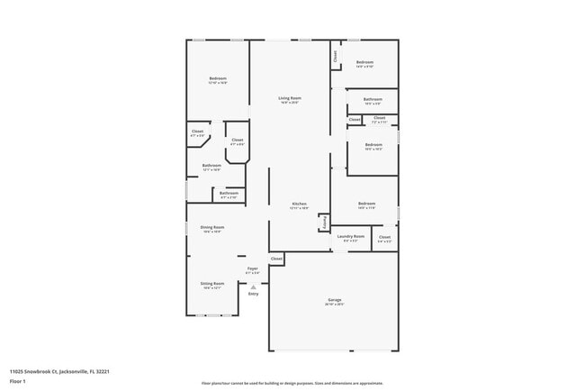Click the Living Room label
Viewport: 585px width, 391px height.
tap(289, 97)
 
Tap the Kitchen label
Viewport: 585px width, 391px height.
tap(300, 204)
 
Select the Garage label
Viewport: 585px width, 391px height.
tap(334, 299)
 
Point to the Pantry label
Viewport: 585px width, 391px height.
tap(324, 222)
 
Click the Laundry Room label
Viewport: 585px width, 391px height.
tap(351, 237)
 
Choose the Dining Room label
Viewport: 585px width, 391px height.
tap(212, 227)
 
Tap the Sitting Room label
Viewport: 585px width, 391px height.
tap(212, 283)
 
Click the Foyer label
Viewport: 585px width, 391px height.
tap(253, 268)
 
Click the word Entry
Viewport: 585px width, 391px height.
tap(253, 294)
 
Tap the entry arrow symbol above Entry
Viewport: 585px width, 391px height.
tap(253, 286)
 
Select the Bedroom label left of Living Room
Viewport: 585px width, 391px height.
tap(218, 78)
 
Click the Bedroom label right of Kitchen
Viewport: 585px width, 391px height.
tap(366, 204)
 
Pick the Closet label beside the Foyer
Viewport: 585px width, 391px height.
tap(276, 259)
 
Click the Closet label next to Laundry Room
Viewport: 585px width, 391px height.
tap(384, 237)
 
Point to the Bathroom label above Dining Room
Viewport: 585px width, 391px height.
tap(229, 192)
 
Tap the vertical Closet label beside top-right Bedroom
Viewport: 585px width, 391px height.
tap(335, 56)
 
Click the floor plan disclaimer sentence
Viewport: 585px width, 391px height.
tap(292, 383)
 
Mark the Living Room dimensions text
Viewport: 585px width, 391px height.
tap(289, 103)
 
